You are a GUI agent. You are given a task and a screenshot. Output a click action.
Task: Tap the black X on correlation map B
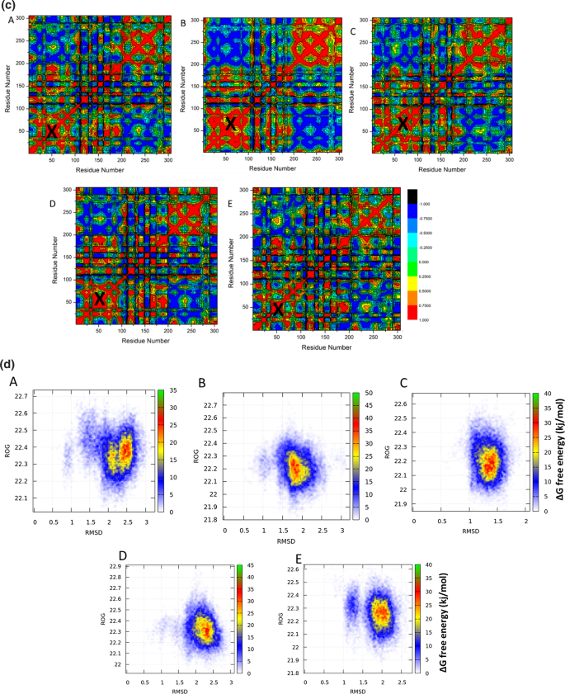pyautogui.click(x=231, y=124)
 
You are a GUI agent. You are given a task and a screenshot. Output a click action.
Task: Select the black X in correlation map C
pyautogui.click(x=403, y=125)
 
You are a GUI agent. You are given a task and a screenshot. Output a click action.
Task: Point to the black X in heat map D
pyautogui.click(x=99, y=300)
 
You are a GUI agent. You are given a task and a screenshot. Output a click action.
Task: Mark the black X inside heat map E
pyautogui.click(x=278, y=309)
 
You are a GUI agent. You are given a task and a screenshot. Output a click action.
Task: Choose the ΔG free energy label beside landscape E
pyautogui.click(x=442, y=611)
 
